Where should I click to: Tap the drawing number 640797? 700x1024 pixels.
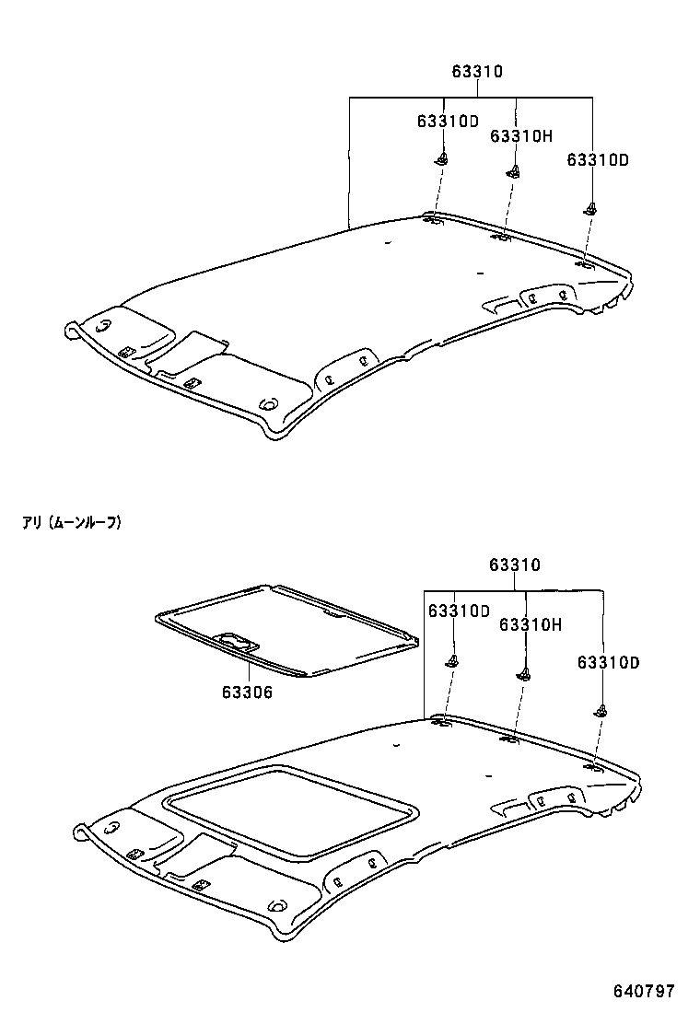(x=645, y=992)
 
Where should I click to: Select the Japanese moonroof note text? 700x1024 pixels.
(x=72, y=523)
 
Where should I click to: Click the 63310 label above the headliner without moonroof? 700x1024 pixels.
(x=476, y=71)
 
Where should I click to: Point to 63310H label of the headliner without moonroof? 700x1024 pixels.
(x=520, y=136)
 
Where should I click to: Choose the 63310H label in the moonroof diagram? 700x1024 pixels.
(x=530, y=625)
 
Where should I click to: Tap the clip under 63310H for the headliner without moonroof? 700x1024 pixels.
(x=514, y=170)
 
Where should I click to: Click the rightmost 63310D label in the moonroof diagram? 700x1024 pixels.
(x=608, y=662)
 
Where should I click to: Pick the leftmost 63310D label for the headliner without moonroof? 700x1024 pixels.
(x=448, y=121)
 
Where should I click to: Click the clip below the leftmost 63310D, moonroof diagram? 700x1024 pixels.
(x=452, y=659)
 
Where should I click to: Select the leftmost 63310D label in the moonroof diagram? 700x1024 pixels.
(x=458, y=611)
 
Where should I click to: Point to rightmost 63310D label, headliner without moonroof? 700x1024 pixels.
(x=597, y=159)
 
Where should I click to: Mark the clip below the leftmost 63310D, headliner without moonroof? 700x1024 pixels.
(x=442, y=159)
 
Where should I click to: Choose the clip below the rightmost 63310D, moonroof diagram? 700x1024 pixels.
(x=601, y=709)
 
